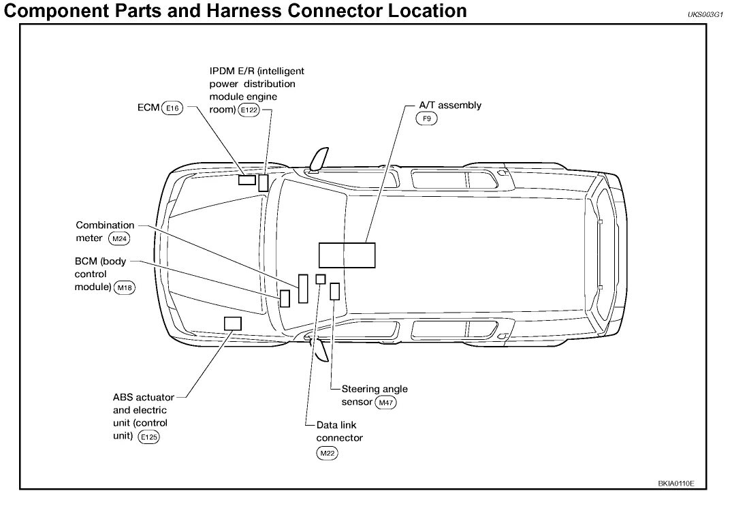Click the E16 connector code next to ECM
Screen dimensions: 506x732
coord(173,108)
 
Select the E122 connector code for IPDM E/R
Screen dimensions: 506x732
coord(249,110)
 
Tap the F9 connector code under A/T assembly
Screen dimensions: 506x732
coord(427,118)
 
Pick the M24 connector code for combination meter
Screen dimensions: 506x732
coord(118,238)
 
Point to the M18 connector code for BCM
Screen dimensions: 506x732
coord(125,287)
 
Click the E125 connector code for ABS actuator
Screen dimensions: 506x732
coord(148,438)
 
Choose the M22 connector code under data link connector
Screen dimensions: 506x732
coord(328,453)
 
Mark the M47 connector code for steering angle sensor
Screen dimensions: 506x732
coord(386,402)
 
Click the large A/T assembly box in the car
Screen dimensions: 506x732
coord(347,255)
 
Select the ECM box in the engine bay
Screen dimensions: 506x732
coord(246,180)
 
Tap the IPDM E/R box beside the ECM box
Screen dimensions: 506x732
coord(263,183)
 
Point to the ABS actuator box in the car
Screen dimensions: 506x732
coord(233,323)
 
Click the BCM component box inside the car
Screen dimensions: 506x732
coord(285,298)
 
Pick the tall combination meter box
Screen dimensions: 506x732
coord(303,288)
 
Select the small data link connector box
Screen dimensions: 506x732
coord(321,279)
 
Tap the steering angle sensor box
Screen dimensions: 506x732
coord(334,291)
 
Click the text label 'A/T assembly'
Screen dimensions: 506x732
coord(450,106)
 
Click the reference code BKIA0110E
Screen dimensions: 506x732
coord(676,484)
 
